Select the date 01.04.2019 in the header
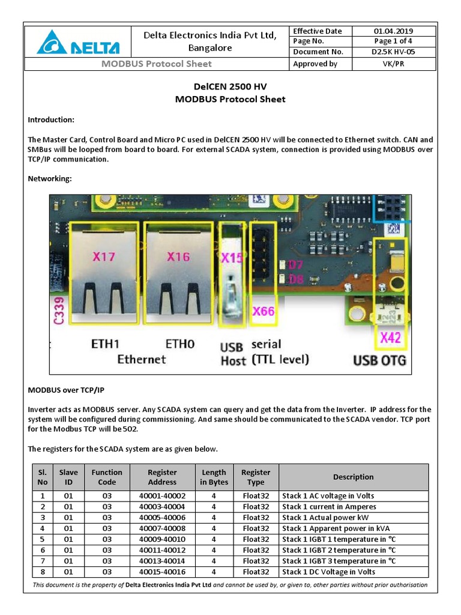click(x=393, y=31)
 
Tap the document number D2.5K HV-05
click(x=393, y=52)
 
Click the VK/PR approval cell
click(x=393, y=64)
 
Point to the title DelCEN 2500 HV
click(x=230, y=87)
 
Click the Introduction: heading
click(x=51, y=120)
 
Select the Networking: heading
click(x=50, y=178)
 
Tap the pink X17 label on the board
click(x=104, y=257)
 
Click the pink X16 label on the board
click(x=178, y=257)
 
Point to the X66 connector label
click(x=263, y=312)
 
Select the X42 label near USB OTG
click(x=390, y=338)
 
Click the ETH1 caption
click(x=106, y=345)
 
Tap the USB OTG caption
click(x=379, y=360)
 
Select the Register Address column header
click(x=162, y=477)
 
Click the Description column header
click(x=353, y=477)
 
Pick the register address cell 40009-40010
click(x=162, y=539)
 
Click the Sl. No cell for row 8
click(x=43, y=572)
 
